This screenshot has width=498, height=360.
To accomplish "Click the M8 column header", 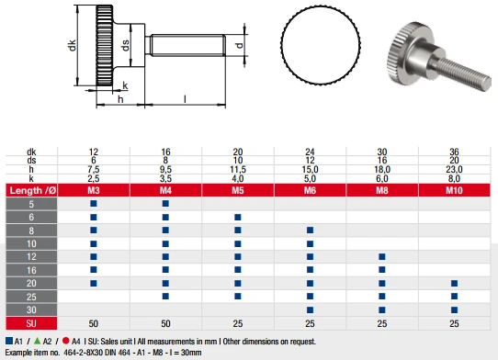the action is click(382, 190).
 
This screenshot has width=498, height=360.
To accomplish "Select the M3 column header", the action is click(94, 190).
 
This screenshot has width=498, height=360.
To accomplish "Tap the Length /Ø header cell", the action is click(31, 190).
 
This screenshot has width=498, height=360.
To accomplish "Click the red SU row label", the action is click(31, 323).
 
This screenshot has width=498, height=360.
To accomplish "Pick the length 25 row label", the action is click(31, 297).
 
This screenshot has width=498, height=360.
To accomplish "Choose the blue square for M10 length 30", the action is click(454, 309).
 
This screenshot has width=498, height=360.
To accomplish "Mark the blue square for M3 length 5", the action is click(94, 203).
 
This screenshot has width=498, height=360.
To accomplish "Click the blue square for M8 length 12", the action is click(382, 256).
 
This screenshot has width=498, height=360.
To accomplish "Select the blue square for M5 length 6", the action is click(238, 217).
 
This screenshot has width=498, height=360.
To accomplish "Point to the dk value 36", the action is click(454, 152).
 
